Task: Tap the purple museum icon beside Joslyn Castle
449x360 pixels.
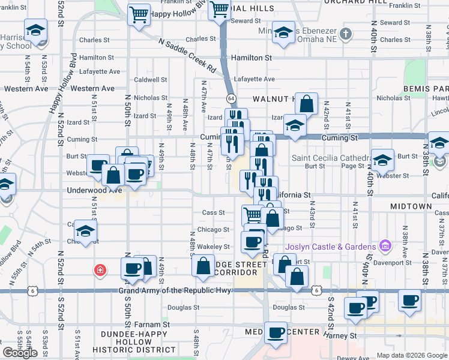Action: coord(385,246)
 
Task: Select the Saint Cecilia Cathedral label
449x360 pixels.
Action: coord(329,158)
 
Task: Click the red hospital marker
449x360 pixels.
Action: coord(98,271)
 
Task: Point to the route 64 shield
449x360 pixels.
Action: coord(231,98)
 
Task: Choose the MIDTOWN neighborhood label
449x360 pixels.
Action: coord(411,206)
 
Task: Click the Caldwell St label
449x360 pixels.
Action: coord(151,79)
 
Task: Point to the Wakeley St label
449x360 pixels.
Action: coord(214,247)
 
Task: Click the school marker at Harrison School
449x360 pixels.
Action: coord(35,31)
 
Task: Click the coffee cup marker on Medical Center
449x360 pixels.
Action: coord(276,332)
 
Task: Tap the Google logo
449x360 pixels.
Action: coord(20,353)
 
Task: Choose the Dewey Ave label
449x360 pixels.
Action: coord(348,358)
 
